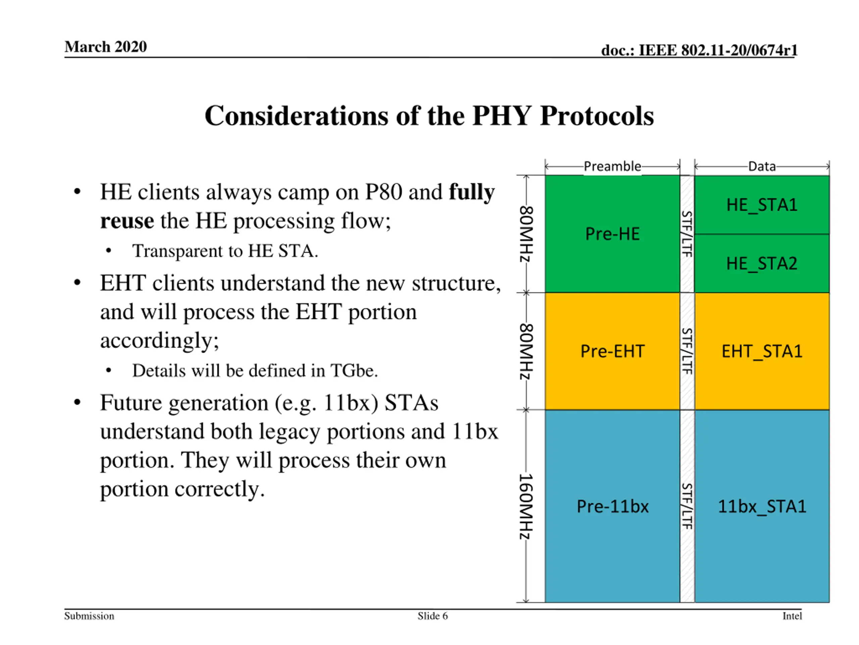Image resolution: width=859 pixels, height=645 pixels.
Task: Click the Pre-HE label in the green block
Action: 612,234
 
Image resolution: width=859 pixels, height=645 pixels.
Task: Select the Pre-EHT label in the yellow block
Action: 612,351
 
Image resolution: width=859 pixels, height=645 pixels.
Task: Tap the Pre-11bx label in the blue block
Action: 612,506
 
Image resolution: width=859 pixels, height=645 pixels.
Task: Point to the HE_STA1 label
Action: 762,205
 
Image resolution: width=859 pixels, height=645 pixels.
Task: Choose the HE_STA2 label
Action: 762,264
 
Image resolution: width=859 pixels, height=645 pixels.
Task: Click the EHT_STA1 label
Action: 762,351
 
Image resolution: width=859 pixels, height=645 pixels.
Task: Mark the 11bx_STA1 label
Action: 762,506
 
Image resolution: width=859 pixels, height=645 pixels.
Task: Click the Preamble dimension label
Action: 612,166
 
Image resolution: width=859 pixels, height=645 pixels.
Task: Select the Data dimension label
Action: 762,166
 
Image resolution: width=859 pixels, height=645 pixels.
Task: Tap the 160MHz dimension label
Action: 526,506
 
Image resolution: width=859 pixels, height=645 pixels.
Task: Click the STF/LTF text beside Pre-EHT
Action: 687,351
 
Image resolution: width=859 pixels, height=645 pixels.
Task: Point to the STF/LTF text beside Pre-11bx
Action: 687,506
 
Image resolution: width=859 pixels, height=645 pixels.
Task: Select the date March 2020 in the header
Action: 106,47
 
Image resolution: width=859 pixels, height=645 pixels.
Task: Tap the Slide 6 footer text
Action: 433,616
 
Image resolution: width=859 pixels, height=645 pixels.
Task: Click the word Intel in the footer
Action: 792,616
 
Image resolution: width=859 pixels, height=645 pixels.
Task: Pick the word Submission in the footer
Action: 89,616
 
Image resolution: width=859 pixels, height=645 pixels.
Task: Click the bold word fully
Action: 471,192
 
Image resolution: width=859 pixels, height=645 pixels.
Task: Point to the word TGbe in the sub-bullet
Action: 353,371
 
